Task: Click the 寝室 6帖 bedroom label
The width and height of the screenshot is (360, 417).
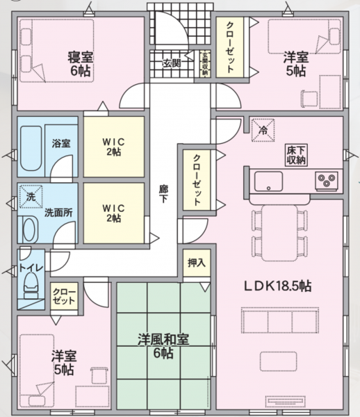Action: [80, 64]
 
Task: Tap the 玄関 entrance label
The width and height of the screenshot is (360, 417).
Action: [172, 63]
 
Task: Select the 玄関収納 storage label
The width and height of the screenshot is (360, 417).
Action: [205, 64]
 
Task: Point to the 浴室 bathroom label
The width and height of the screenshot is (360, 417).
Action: [61, 143]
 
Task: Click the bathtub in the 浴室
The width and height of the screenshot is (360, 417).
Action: [31, 148]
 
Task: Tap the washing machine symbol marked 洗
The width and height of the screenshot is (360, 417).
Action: [31, 197]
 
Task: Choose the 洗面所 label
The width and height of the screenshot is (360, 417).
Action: [58, 213]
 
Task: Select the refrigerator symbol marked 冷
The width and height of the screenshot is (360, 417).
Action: [263, 131]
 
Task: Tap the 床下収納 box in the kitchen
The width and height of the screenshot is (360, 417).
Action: [296, 155]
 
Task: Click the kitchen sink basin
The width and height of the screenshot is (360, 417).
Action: [268, 181]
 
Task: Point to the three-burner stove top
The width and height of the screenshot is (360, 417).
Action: [327, 181]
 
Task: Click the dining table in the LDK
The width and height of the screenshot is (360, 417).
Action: [279, 233]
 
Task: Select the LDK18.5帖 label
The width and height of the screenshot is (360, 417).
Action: [277, 286]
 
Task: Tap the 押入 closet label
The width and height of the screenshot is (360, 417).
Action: [197, 263]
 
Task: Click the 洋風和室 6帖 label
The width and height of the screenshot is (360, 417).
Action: [163, 346]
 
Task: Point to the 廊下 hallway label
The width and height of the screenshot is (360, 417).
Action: [163, 194]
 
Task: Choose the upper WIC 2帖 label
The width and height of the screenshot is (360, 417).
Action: [113, 147]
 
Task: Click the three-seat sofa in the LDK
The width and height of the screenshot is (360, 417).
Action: [280, 320]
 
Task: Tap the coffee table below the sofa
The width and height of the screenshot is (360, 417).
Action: [279, 361]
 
